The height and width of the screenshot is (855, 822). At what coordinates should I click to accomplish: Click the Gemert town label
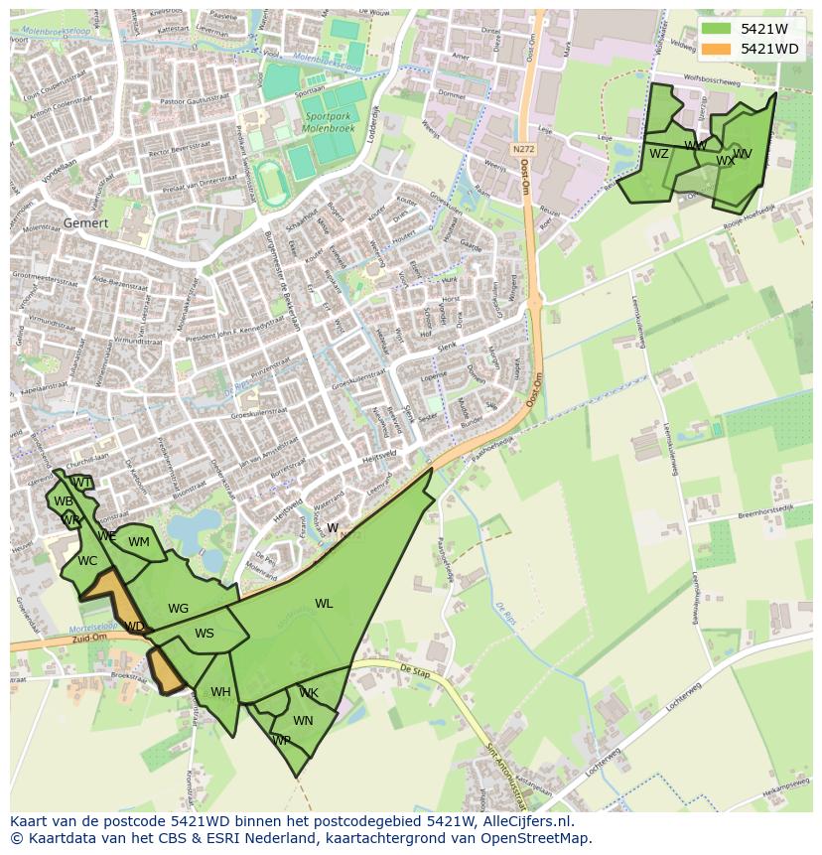(x=85, y=223)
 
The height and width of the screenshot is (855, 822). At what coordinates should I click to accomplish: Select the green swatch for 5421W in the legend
(x=715, y=29)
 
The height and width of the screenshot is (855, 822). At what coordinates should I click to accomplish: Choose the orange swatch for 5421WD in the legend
(x=715, y=49)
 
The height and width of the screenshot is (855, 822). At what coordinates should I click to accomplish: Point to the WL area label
(x=324, y=603)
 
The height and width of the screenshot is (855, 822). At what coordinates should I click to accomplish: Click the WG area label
(x=178, y=609)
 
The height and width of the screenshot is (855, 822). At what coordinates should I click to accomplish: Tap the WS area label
(x=205, y=634)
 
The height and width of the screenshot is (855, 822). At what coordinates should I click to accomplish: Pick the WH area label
(x=220, y=692)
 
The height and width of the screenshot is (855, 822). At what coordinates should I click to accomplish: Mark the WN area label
(x=303, y=721)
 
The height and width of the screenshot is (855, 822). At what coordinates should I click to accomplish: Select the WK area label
(x=309, y=693)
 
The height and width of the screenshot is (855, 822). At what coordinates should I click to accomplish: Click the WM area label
(x=139, y=542)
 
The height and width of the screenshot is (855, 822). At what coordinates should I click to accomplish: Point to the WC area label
(x=87, y=561)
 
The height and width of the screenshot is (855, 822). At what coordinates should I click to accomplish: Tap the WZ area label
(x=658, y=154)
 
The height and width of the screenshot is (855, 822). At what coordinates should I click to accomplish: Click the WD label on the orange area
(x=134, y=627)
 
